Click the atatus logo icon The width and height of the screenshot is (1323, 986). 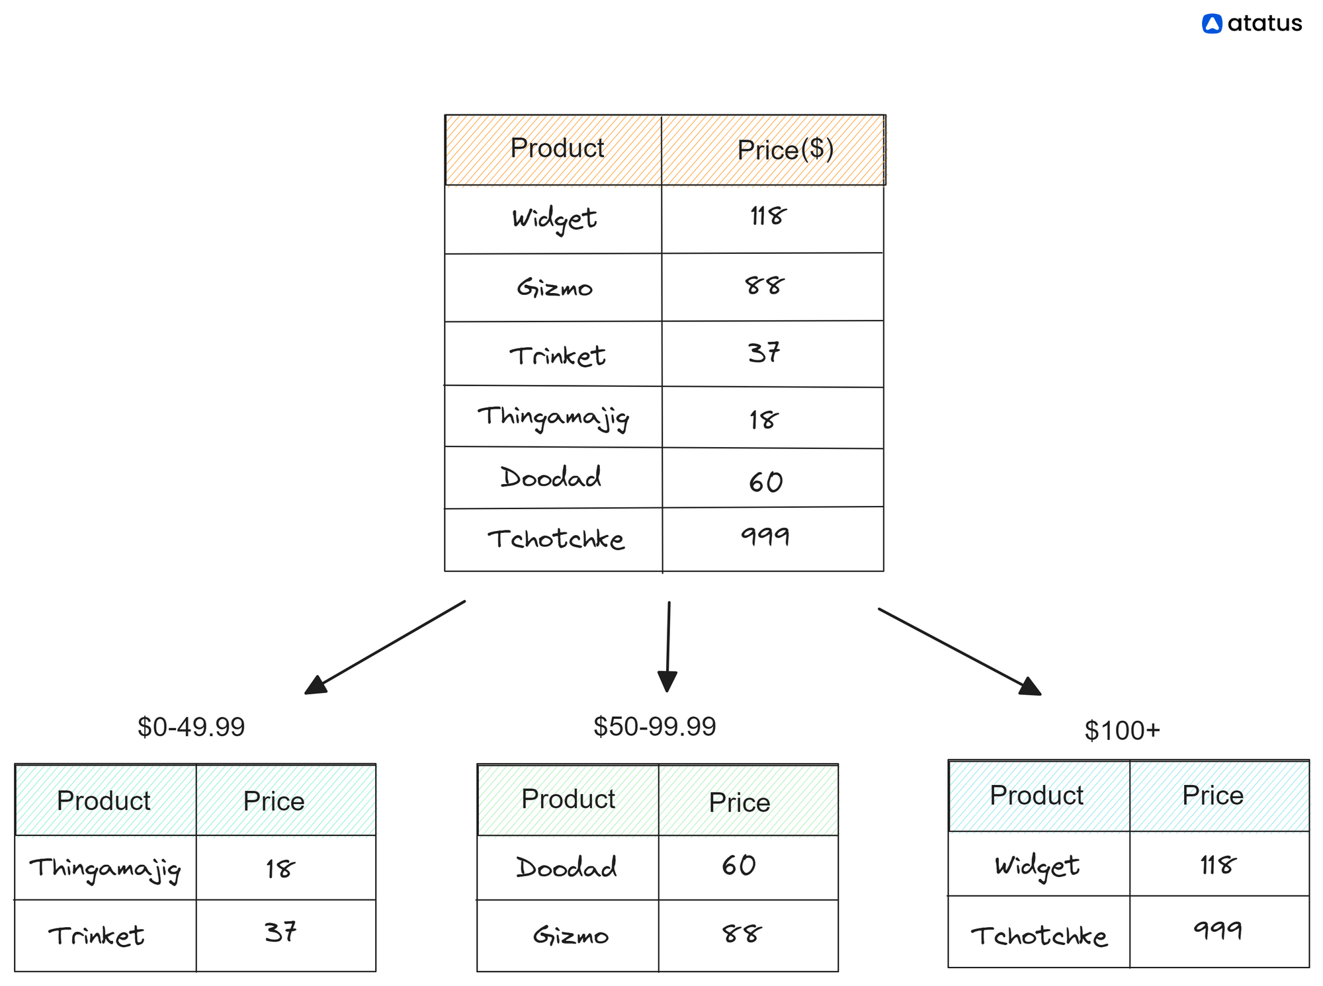click(1211, 24)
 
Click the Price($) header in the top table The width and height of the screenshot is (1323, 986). click(785, 149)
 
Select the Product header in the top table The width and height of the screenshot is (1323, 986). click(557, 148)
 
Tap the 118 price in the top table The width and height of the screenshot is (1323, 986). click(767, 216)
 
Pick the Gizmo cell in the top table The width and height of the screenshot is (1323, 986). click(554, 288)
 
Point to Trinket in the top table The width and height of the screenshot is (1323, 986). click(557, 356)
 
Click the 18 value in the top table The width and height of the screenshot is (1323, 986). click(763, 419)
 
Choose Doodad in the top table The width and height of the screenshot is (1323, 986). click(551, 477)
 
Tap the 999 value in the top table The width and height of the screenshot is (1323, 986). click(765, 536)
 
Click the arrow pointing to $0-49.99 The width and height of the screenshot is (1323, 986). click(385, 647)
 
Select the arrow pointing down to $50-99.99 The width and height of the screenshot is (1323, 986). click(668, 646)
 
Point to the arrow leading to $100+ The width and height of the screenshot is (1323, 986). click(960, 652)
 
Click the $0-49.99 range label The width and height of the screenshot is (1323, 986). click(191, 727)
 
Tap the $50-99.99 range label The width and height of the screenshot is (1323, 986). click(655, 726)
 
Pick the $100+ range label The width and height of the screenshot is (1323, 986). click(1122, 730)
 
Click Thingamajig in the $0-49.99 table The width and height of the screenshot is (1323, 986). click(105, 868)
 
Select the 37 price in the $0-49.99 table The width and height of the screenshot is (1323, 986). click(280, 932)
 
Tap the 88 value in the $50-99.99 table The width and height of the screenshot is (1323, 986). click(742, 934)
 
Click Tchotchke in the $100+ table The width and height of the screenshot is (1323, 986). click(1039, 936)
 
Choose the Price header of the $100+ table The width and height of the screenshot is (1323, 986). click(1213, 795)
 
